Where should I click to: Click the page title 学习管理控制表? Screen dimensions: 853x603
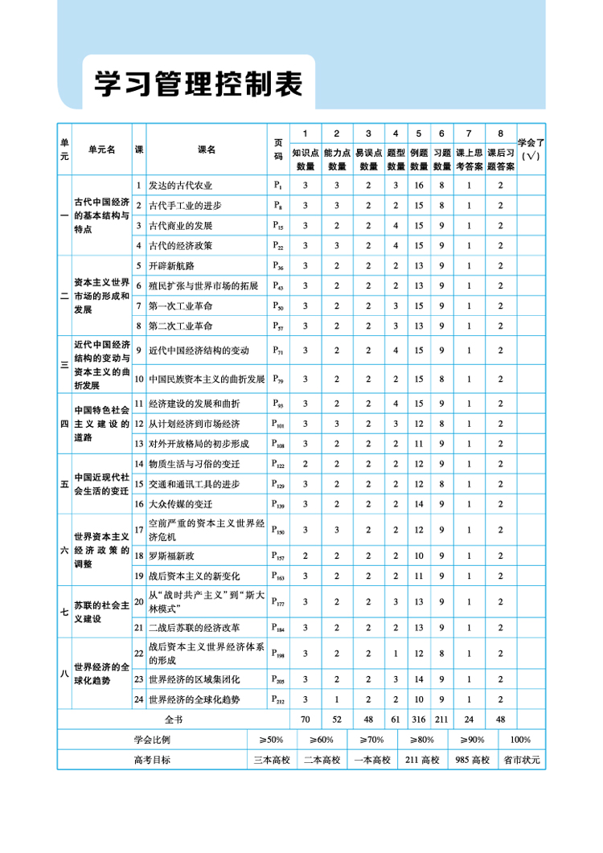pyautogui.click(x=198, y=83)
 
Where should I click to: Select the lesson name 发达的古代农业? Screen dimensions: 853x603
pyautogui.click(x=180, y=186)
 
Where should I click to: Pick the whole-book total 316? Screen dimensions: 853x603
pyautogui.click(x=418, y=719)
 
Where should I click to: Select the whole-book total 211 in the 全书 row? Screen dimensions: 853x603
pyautogui.click(x=441, y=719)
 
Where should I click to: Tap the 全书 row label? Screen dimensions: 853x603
pyautogui.click(x=174, y=719)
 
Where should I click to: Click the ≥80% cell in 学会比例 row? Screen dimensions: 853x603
pyautogui.click(x=421, y=739)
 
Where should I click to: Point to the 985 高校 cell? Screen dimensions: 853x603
pyautogui.click(x=472, y=759)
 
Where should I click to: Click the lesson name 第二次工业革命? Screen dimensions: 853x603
pyautogui.click(x=180, y=326)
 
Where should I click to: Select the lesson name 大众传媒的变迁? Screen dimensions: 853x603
pyautogui.click(x=180, y=504)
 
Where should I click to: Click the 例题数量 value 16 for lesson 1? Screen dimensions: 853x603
pyautogui.click(x=418, y=186)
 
